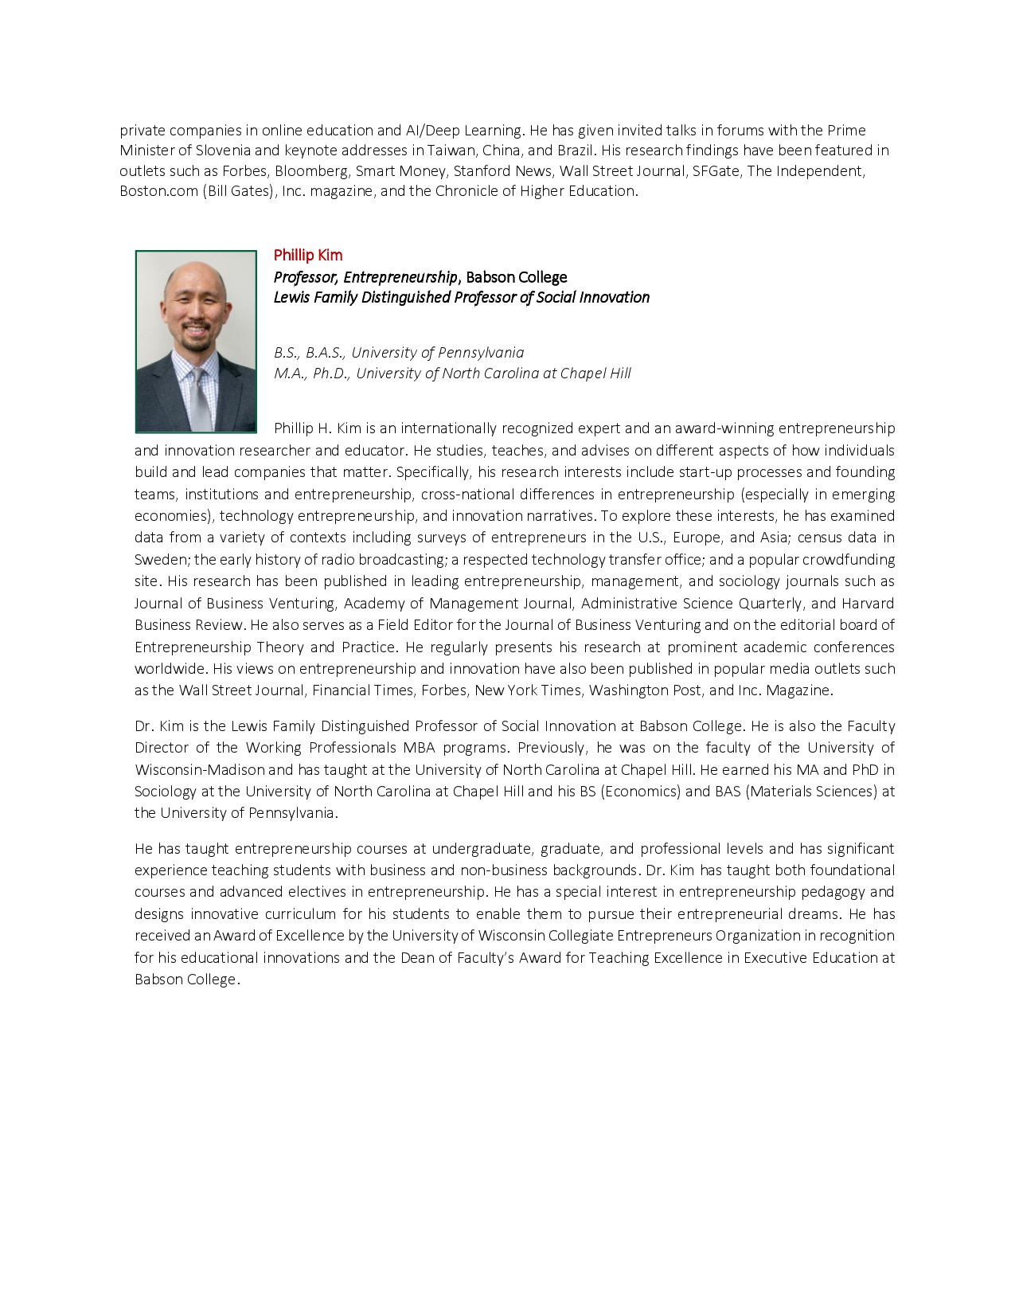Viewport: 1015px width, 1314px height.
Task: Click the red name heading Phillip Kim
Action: (x=307, y=255)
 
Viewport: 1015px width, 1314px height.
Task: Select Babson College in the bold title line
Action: (x=516, y=277)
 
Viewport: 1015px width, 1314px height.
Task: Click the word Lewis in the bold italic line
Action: (x=292, y=297)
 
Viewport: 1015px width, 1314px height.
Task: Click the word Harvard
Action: (x=868, y=604)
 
